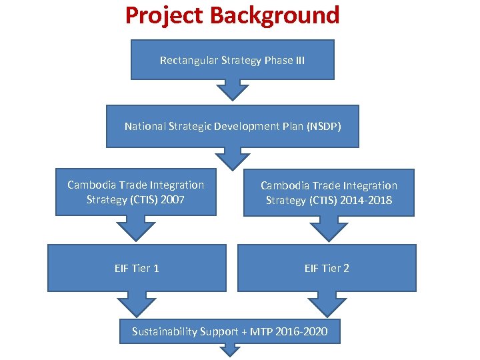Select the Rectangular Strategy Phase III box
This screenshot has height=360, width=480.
(x=232, y=60)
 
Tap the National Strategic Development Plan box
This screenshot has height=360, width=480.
(x=232, y=126)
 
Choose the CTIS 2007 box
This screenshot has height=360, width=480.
(x=136, y=192)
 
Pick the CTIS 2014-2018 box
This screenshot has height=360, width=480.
(x=329, y=193)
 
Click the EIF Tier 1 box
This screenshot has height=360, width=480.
(x=137, y=268)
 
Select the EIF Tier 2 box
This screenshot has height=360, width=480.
(x=327, y=268)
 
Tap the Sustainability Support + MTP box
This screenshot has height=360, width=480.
(x=229, y=331)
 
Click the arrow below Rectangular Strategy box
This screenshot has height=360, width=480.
(x=232, y=89)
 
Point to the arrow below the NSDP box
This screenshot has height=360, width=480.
(x=232, y=158)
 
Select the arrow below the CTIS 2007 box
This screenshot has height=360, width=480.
(x=136, y=228)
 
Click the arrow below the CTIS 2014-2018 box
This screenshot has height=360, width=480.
(x=328, y=229)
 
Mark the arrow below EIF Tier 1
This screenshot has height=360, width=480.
(x=137, y=303)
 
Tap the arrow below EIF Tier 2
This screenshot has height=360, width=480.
(x=327, y=303)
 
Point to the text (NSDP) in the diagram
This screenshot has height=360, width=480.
(x=323, y=126)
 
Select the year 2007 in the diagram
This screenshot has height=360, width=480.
(x=173, y=199)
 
